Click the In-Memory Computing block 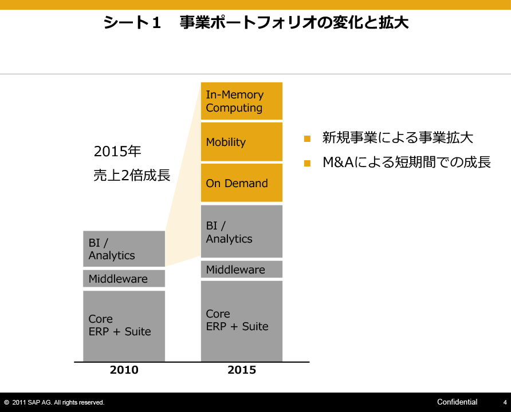(242, 101)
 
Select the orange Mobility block (242, 141)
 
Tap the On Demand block (242, 183)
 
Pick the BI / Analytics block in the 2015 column (242, 231)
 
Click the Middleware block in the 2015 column (242, 269)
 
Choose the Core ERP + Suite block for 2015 (242, 321)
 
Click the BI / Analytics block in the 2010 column (124, 249)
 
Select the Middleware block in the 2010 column (124, 279)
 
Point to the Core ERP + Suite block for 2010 (124, 326)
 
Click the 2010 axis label (124, 370)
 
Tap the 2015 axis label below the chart (242, 370)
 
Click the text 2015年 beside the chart (117, 151)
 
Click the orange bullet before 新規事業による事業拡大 (307, 138)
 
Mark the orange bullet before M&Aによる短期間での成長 (307, 163)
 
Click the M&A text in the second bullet (338, 162)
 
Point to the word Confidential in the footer (457, 402)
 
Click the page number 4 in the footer (505, 403)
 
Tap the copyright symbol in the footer (6, 403)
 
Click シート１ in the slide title (132, 22)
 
